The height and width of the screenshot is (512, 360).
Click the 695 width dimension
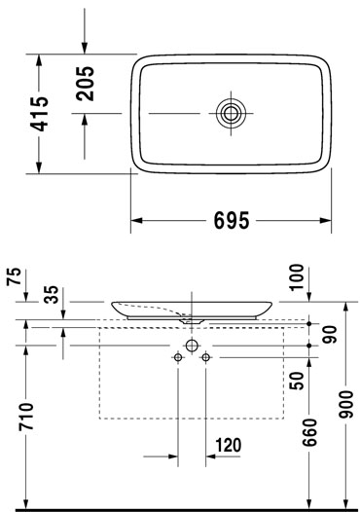tap(232, 220)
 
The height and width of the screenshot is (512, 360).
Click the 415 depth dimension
tap(39, 114)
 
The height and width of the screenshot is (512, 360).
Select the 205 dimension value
tap(86, 84)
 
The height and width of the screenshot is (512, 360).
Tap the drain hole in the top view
tap(231, 113)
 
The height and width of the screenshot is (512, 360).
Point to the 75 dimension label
tap(15, 276)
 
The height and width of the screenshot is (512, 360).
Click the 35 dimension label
tap(52, 295)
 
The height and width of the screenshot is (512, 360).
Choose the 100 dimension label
tap(297, 277)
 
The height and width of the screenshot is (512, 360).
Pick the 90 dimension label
tap(329, 335)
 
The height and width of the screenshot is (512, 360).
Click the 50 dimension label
tap(297, 381)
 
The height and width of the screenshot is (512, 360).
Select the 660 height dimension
tap(309, 432)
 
